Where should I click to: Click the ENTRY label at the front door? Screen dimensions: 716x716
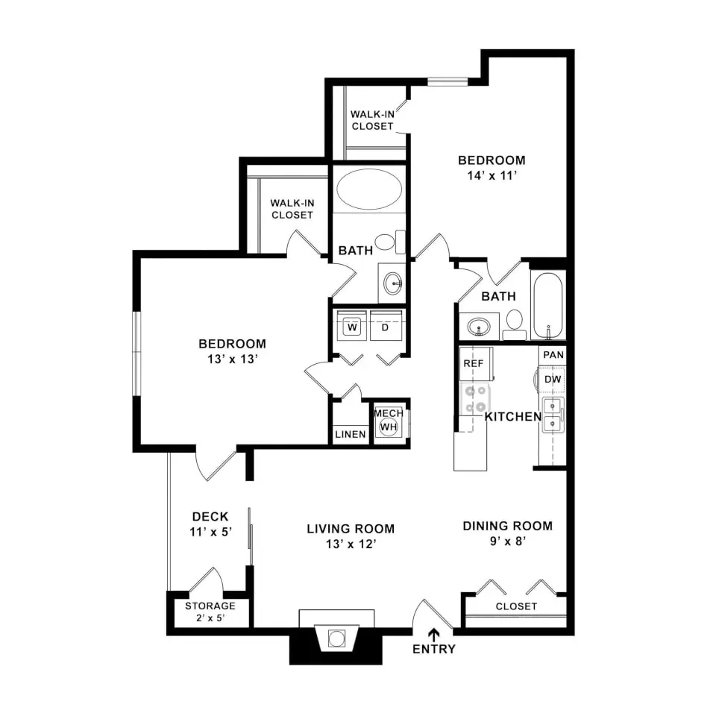[433, 649]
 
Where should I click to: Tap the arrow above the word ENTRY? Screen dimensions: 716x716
[433, 632]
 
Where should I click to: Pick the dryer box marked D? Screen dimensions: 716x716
[386, 327]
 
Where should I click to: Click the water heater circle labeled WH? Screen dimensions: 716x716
[389, 427]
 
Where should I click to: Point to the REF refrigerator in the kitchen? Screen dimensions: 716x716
[474, 363]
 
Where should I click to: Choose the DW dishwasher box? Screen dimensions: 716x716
[552, 380]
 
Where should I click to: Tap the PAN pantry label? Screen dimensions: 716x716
[553, 355]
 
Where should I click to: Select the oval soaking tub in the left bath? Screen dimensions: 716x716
[368, 189]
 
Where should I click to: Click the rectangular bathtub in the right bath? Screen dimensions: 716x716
[548, 306]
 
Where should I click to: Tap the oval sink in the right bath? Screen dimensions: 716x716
[477, 326]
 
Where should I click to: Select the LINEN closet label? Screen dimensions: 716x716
[350, 434]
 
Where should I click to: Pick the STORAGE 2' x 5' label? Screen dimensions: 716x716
[210, 612]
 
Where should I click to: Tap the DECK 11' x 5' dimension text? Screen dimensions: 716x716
[210, 533]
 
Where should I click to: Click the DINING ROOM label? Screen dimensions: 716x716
[508, 526]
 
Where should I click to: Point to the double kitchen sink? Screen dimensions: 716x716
[552, 415]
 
